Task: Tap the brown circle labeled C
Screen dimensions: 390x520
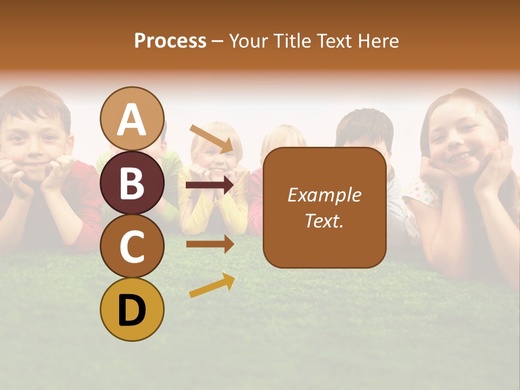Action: point(132,246)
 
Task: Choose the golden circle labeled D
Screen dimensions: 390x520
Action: point(132,309)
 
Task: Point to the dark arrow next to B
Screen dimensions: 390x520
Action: point(210,185)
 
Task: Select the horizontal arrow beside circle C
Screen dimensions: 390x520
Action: point(210,244)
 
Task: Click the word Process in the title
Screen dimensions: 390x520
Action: point(170,41)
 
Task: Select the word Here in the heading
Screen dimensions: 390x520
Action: point(379,41)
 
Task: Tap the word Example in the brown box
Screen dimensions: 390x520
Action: point(324,195)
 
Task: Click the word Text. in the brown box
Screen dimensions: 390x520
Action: point(324,220)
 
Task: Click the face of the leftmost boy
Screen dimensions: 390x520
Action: point(35,141)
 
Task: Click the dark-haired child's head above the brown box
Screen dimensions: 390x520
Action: point(364,130)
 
